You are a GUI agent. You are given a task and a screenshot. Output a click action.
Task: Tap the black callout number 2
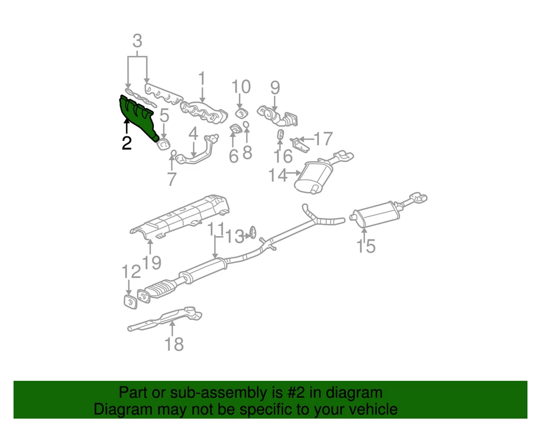(x=126, y=143)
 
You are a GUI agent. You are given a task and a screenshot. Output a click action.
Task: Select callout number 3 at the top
(x=137, y=41)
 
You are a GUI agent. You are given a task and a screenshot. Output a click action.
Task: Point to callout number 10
(x=241, y=87)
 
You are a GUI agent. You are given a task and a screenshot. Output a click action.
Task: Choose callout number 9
(x=275, y=87)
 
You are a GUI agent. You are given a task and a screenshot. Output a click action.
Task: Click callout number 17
(x=323, y=139)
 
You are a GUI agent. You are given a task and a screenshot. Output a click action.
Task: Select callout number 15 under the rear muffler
(x=366, y=246)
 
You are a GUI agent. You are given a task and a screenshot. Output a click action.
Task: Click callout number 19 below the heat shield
(x=152, y=262)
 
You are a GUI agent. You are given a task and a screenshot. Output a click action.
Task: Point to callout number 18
(x=174, y=343)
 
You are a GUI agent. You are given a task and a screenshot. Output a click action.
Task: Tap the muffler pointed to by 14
(x=316, y=176)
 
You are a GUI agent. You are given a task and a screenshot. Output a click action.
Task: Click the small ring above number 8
(x=246, y=124)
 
